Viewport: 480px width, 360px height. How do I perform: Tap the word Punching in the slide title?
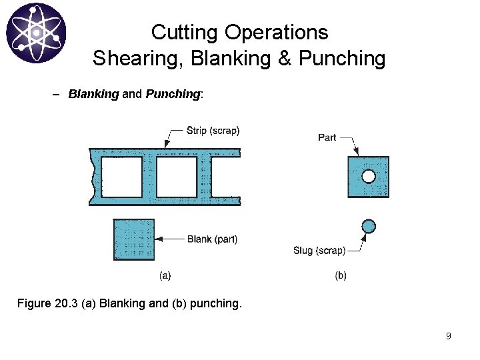click(342, 59)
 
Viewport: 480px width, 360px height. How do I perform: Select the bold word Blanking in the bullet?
click(93, 94)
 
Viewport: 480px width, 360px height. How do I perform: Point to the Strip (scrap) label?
click(213, 131)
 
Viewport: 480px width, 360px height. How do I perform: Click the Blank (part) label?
click(212, 239)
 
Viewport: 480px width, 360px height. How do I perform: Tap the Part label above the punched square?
click(327, 137)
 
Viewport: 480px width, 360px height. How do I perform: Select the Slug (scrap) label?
click(319, 251)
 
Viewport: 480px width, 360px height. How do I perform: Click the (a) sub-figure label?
click(165, 275)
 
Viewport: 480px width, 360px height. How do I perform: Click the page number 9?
click(448, 336)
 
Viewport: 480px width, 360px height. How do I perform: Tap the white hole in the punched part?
click(368, 177)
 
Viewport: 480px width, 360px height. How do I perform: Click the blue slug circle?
click(368, 227)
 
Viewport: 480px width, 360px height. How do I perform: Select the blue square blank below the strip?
click(134, 240)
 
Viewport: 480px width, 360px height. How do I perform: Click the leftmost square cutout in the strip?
click(122, 177)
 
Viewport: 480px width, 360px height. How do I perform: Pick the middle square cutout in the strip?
click(177, 177)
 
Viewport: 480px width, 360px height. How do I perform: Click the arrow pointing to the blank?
click(169, 239)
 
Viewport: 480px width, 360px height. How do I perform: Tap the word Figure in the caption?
click(33, 304)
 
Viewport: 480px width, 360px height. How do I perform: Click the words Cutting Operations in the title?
click(239, 32)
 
